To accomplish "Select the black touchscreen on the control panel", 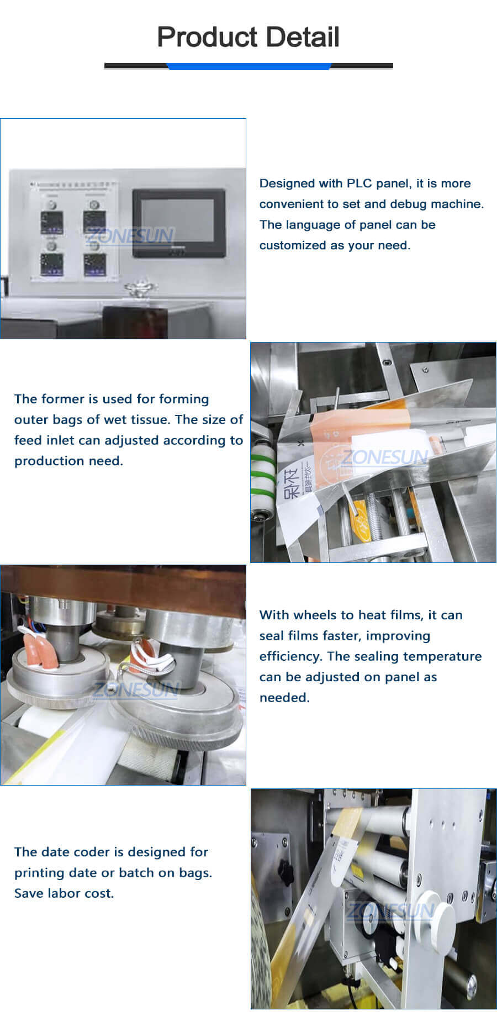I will click(x=178, y=223).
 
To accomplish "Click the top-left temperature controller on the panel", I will click(x=51, y=222).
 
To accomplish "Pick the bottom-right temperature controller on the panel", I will click(x=94, y=265).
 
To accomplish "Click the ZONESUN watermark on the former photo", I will click(x=385, y=457).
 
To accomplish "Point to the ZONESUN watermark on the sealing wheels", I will click(x=135, y=689).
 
